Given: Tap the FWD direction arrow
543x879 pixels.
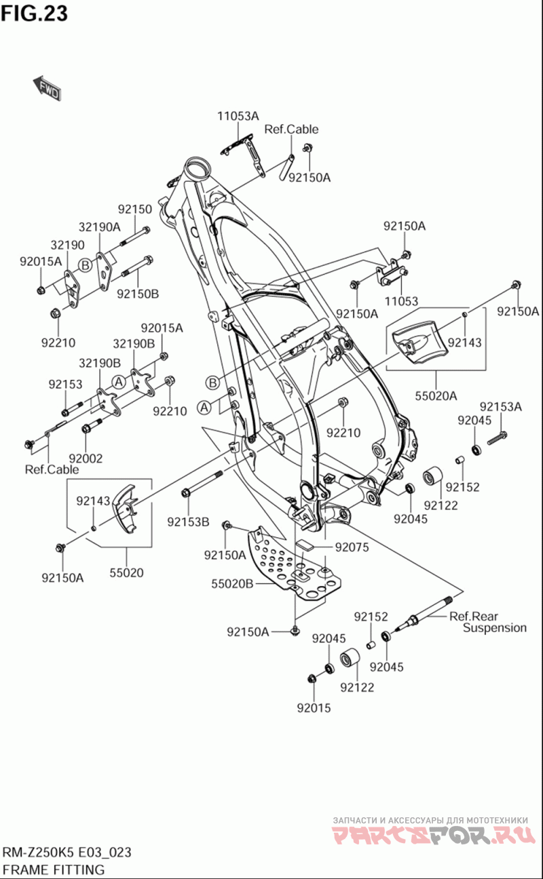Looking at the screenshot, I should click(x=47, y=88).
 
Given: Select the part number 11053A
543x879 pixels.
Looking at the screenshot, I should click(x=238, y=116).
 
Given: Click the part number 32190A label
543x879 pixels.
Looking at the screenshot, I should click(x=99, y=227).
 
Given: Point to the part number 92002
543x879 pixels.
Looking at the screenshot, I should click(x=86, y=458).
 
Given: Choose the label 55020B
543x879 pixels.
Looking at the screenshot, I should click(x=232, y=583).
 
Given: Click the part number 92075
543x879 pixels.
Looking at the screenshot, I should click(x=352, y=547).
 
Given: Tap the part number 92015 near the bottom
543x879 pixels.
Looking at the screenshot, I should click(x=314, y=708).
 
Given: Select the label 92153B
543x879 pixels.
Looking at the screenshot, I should click(x=189, y=522).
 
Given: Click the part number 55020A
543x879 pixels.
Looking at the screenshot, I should click(x=435, y=395).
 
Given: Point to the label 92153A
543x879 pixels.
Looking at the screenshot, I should click(x=501, y=407).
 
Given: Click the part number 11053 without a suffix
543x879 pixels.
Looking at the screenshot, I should click(x=400, y=301).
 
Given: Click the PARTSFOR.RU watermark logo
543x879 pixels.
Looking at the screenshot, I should click(x=430, y=834).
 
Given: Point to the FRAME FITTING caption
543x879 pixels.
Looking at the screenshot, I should click(x=54, y=870).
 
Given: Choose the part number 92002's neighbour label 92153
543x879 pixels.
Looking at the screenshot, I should click(x=65, y=385).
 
